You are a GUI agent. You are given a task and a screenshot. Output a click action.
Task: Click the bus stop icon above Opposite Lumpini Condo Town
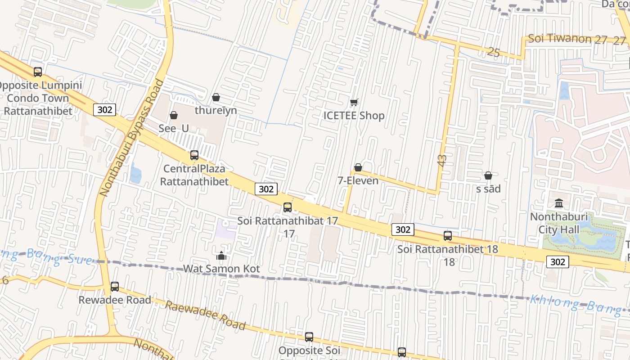38,72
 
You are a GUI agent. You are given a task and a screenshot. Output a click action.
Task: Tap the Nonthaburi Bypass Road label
131,138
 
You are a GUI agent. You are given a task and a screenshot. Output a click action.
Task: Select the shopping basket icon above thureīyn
216,97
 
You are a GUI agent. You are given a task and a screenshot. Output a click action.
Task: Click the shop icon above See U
174,116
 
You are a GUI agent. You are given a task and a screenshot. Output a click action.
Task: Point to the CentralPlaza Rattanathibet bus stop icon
194,155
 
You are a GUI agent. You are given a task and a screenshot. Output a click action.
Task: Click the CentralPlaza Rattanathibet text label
194,175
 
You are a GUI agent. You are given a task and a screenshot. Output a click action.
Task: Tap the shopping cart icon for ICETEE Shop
354,103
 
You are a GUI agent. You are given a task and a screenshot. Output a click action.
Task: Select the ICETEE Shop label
354,116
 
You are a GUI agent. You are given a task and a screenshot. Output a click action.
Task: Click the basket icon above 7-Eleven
358,168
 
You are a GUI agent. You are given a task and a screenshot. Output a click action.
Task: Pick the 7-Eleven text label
358,180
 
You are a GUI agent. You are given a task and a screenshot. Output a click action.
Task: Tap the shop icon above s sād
488,175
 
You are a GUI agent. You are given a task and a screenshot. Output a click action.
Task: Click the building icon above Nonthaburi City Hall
559,203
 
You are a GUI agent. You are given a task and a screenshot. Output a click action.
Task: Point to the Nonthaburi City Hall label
559,223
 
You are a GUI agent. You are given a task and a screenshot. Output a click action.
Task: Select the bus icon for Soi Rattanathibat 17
288,207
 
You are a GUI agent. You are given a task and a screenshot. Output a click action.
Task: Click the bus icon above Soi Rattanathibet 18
448,235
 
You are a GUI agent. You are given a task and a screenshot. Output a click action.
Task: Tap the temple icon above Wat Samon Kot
221,256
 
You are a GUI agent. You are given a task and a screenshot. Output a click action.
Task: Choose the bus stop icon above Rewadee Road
115,287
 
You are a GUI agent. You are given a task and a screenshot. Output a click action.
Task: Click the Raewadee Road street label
205,315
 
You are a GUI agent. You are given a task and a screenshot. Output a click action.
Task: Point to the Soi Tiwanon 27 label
567,39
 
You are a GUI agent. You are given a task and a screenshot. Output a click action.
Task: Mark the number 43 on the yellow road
442,161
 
